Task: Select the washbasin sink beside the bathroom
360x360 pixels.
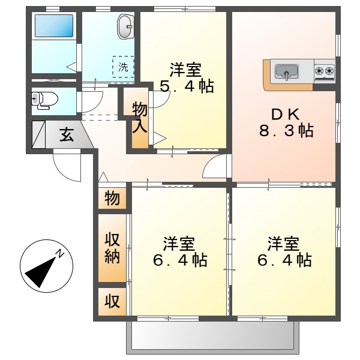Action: (125, 26)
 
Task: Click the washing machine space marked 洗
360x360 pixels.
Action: (123, 67)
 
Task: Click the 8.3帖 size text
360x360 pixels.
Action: (286, 131)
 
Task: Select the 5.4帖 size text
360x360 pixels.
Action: (187, 87)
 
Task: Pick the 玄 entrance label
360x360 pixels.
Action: (66, 135)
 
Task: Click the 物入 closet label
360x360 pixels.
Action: (139, 118)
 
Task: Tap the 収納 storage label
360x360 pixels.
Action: (113, 248)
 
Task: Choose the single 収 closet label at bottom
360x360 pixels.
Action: (112, 299)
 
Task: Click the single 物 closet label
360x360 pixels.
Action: (112, 198)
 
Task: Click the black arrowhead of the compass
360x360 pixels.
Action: (35, 273)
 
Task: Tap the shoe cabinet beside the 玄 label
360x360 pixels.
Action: (38, 135)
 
